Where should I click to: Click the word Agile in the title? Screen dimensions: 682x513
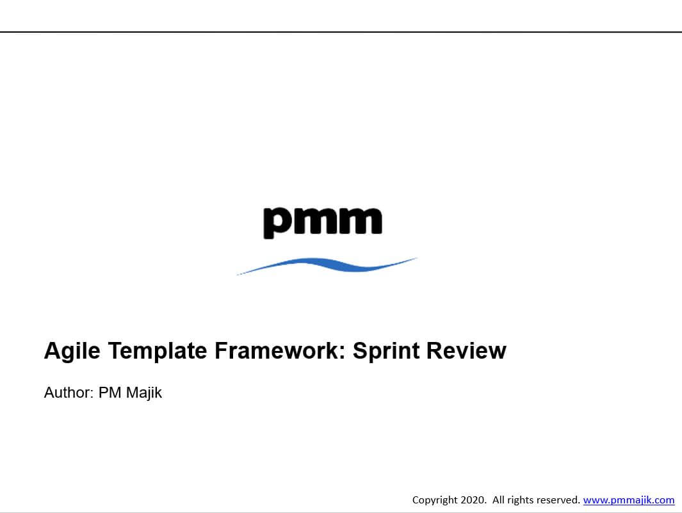tap(72, 351)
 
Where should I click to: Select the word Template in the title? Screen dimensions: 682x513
tap(158, 351)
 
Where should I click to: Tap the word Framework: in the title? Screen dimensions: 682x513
tap(280, 350)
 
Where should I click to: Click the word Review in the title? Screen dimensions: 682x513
tap(466, 350)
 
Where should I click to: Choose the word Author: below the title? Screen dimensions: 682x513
tap(69, 393)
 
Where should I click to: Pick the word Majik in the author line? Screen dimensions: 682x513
tap(144, 393)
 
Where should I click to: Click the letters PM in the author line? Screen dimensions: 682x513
tap(110, 393)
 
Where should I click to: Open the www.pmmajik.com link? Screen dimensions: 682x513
tap(629, 500)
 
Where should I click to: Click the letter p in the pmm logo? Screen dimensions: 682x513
tap(277, 223)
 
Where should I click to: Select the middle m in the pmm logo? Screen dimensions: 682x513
tap(316, 221)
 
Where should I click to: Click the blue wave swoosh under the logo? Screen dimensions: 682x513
tap(327, 265)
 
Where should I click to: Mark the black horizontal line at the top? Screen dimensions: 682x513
tap(341, 32)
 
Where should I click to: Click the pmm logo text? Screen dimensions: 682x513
tap(323, 223)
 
